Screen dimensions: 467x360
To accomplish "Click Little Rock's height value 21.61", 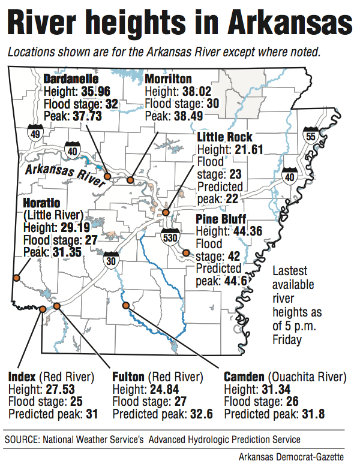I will tap(245, 149).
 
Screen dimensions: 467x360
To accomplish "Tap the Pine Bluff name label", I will tap(221, 219).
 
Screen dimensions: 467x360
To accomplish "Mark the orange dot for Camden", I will tap(126, 305).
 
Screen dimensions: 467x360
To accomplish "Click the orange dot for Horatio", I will tap(16, 278).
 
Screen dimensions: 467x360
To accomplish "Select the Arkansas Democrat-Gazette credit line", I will tap(296, 457).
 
